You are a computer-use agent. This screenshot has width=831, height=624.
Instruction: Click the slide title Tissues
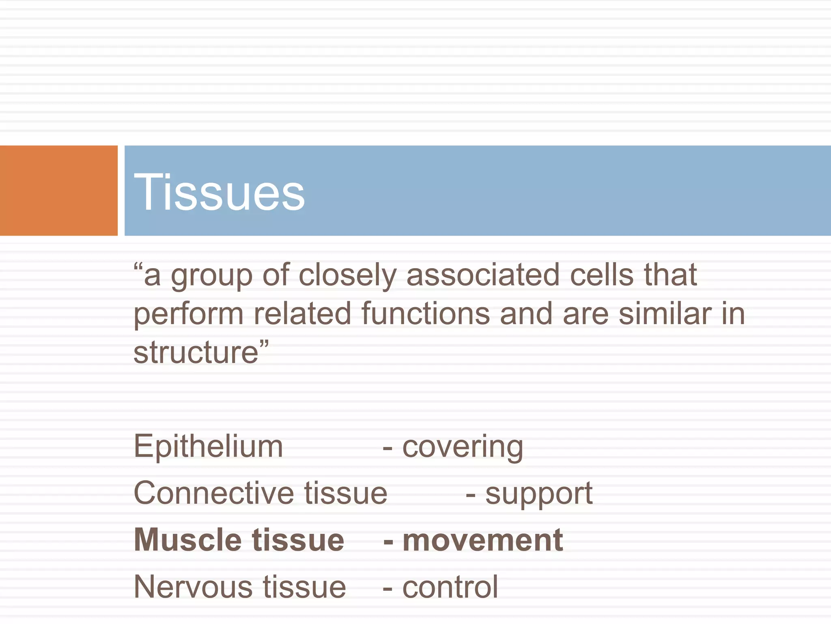(219, 192)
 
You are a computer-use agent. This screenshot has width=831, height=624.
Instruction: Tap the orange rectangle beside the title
(58, 190)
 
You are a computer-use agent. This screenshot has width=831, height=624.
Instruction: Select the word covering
(463, 447)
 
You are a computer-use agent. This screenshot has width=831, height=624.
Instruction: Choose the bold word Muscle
(188, 540)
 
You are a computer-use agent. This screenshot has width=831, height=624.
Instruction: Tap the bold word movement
(482, 540)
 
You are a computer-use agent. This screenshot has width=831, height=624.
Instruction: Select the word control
(450, 587)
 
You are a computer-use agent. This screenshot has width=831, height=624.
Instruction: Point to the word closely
(347, 275)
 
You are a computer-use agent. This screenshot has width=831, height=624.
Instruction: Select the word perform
(189, 314)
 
